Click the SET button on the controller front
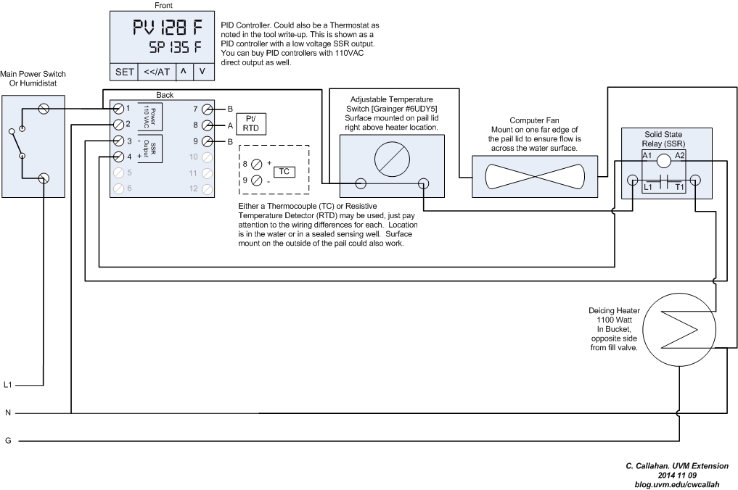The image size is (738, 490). (124, 72)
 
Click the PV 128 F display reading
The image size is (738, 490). (167, 29)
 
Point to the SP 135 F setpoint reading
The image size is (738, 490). (175, 49)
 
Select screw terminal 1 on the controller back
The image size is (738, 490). (118, 108)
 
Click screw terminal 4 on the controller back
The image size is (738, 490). (118, 156)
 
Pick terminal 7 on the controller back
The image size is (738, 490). (207, 109)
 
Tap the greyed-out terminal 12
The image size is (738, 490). (207, 188)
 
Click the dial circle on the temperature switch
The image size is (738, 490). (391, 155)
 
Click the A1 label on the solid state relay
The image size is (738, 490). (647, 156)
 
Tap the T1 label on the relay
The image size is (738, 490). (679, 187)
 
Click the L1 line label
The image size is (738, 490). (9, 385)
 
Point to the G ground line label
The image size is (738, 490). (8, 440)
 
